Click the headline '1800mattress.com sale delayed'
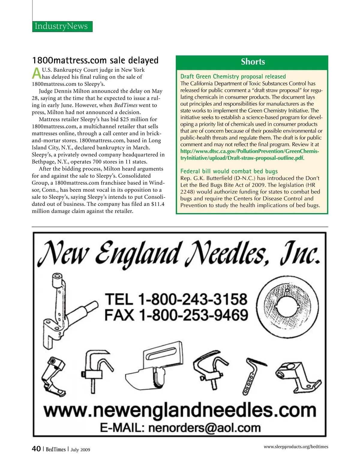pos(95,60)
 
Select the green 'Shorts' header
pos(253,62)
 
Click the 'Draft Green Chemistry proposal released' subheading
pos(233,77)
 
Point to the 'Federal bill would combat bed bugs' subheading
pos(229,171)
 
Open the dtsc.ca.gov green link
pos(249,155)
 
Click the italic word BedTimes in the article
pos(126,105)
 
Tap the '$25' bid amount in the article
pos(124,119)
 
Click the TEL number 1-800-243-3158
pos(193,299)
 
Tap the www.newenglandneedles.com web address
pos(180,410)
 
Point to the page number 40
pos(36,449)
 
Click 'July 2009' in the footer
pos(80,449)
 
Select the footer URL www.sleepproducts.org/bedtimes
pos(296,447)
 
